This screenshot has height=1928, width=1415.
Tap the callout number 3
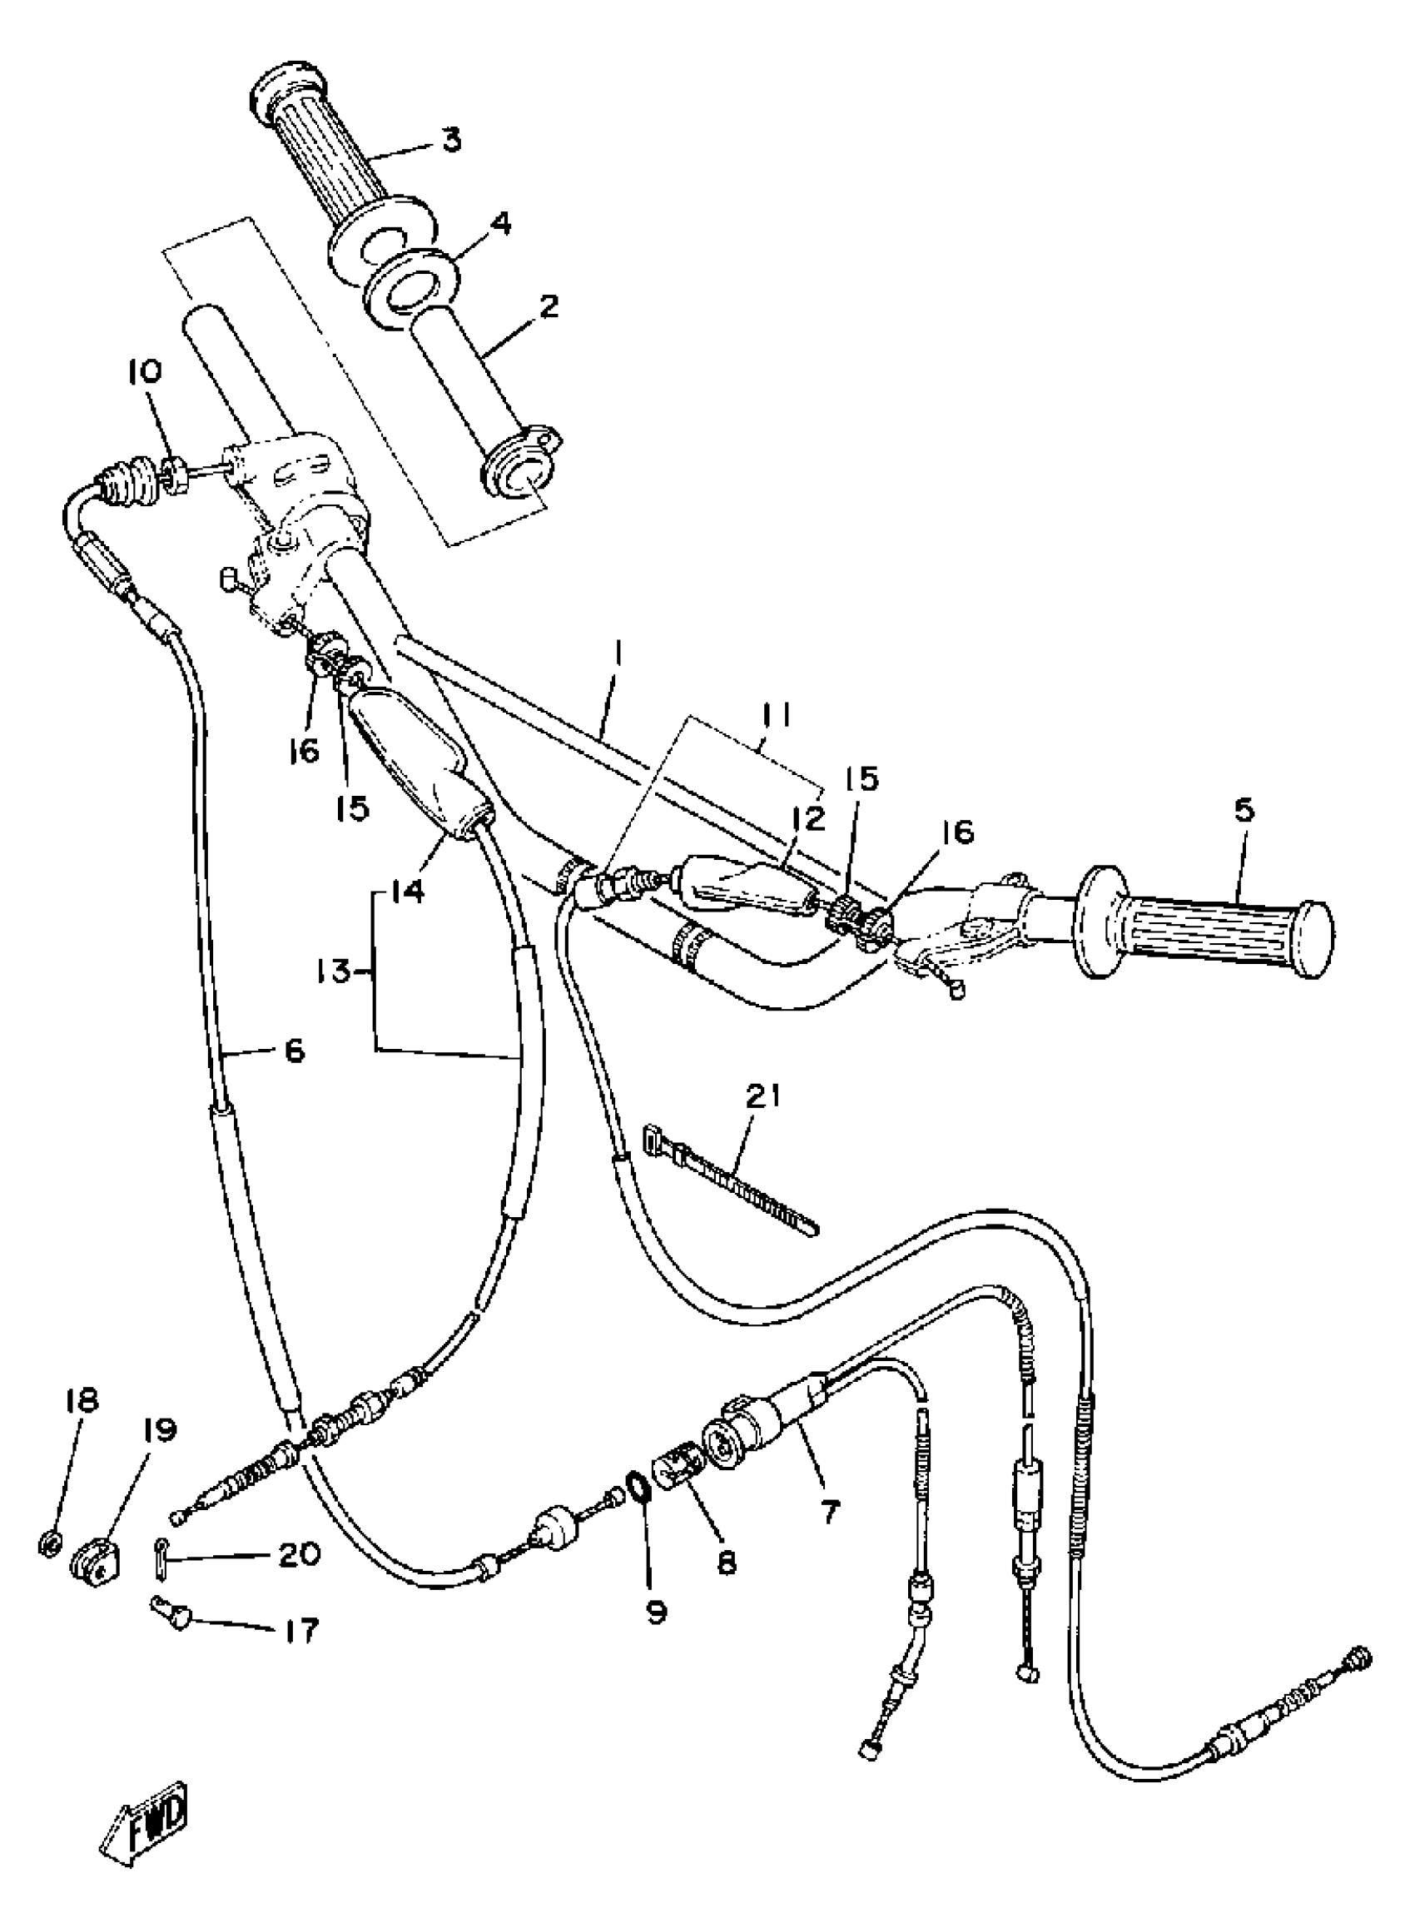[x=452, y=140]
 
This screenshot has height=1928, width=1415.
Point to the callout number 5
[x=1244, y=809]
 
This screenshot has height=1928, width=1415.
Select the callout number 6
[x=294, y=1050]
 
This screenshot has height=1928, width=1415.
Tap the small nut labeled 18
[x=50, y=1543]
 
